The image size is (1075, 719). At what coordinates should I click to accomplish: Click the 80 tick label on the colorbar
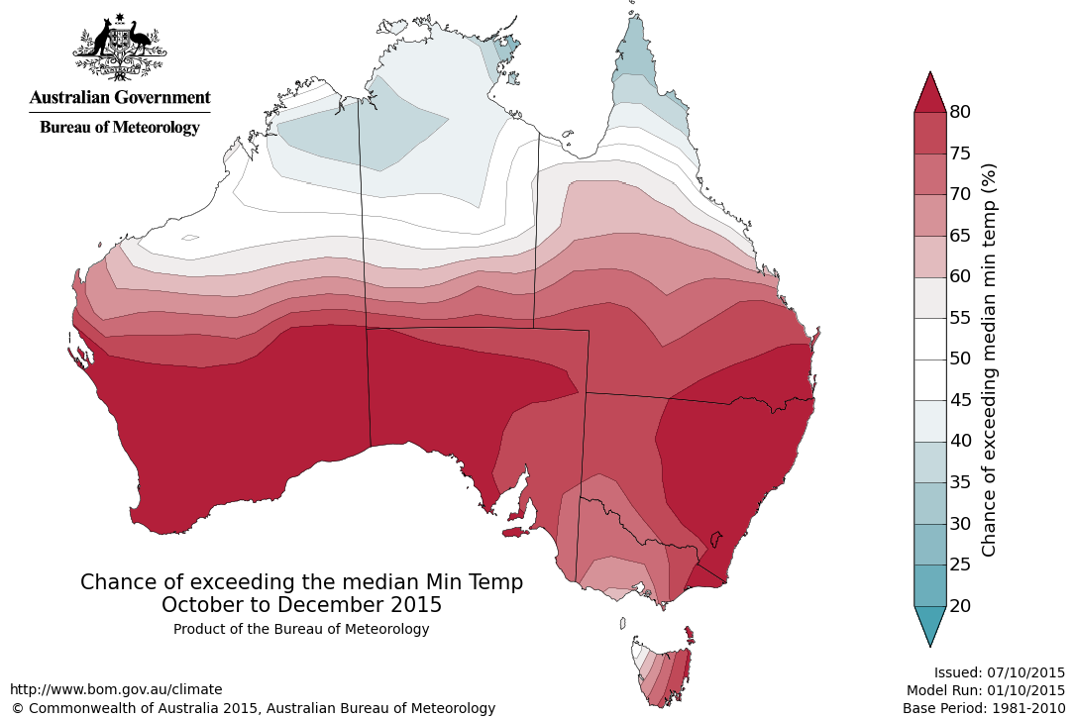coord(959,111)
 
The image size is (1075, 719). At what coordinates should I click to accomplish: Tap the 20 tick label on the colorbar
coord(959,605)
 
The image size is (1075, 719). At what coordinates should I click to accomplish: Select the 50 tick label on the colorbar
coord(959,359)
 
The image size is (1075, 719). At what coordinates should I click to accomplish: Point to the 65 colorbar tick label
coord(959,235)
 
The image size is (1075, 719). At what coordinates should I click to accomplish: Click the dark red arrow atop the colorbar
coord(929,93)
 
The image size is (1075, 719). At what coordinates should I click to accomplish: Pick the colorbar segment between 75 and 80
coord(929,132)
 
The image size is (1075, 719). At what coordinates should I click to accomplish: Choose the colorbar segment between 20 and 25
coord(929,584)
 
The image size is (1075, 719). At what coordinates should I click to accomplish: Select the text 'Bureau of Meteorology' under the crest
coord(120,127)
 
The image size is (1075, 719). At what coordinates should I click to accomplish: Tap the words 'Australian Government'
coord(120,97)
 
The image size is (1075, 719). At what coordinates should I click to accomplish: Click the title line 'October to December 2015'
coord(301,604)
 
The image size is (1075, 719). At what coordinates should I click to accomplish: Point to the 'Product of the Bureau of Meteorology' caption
coord(301,629)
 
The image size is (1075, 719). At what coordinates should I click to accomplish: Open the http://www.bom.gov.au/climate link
coord(116,689)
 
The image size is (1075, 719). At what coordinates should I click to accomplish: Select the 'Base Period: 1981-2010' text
coord(984,708)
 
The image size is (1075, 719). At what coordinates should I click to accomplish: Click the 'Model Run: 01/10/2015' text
coord(986,690)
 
